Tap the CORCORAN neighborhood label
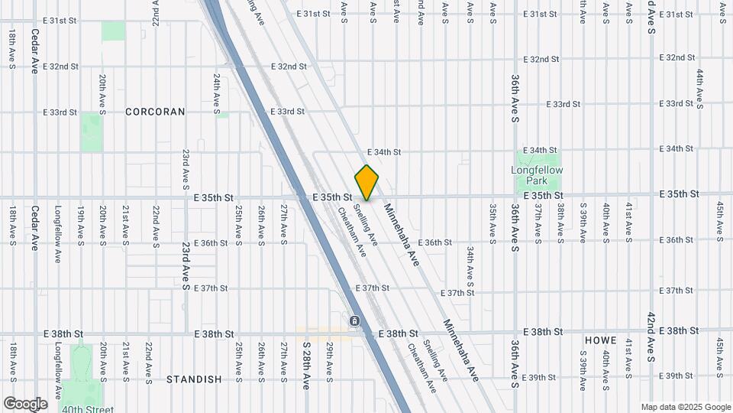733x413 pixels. (155, 112)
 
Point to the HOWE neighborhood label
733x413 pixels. (601, 340)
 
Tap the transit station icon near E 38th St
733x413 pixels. (354, 320)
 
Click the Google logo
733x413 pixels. (25, 403)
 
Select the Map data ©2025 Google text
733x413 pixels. (685, 407)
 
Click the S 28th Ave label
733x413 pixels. (305, 366)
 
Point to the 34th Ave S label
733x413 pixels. (470, 272)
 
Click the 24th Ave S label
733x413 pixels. (217, 92)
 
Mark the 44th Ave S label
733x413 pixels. (699, 88)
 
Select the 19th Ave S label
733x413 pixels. (80, 223)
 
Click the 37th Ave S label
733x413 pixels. (538, 220)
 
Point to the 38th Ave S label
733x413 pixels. (560, 220)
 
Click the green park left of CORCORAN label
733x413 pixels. (92, 132)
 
